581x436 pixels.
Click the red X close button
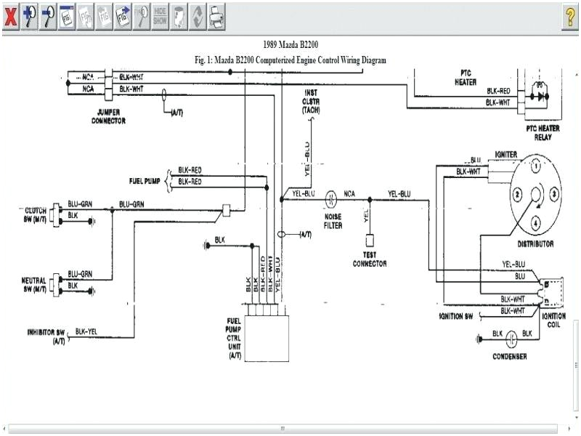click(x=10, y=17)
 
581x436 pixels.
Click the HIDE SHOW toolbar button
click(x=160, y=17)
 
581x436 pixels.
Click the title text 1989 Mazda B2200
click(x=290, y=45)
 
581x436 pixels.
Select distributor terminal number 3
click(x=554, y=194)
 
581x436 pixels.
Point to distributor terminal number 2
click(x=516, y=194)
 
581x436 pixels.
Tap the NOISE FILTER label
click(x=333, y=221)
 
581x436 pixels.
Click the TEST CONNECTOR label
click(x=370, y=259)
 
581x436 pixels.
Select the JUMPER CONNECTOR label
click(x=110, y=116)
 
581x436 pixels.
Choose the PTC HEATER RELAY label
click(x=543, y=132)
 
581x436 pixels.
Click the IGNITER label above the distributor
click(x=505, y=156)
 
